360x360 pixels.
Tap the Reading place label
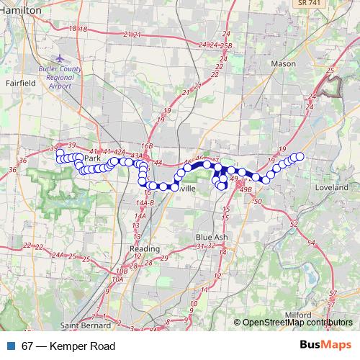(144, 248)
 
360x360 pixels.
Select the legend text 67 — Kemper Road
(68, 346)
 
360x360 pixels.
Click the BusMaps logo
(330, 346)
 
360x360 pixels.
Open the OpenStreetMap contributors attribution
(297, 323)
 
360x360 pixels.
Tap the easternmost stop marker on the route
(300, 157)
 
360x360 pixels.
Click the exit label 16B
(147, 145)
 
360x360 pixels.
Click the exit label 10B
(121, 271)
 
